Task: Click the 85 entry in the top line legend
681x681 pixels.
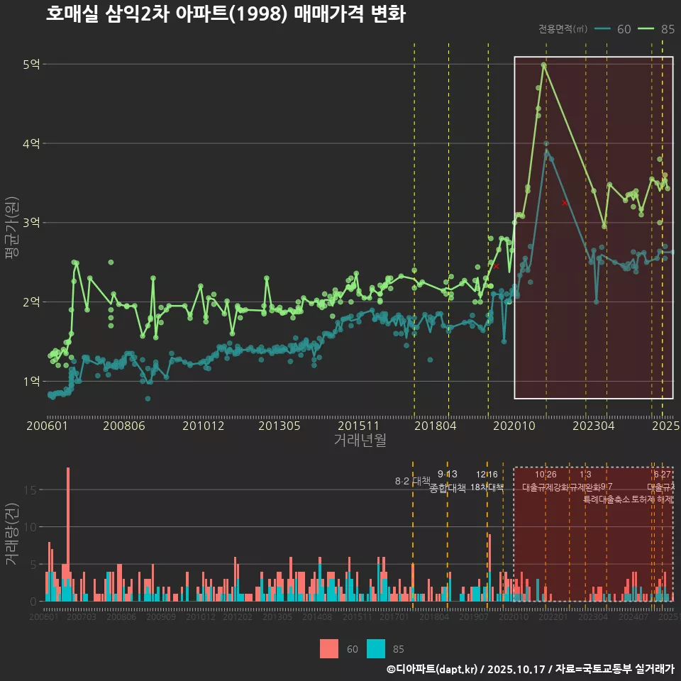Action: coord(667,29)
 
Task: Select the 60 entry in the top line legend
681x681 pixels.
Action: coord(624,29)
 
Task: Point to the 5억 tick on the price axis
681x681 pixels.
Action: coord(31,65)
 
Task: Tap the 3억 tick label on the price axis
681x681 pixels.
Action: coord(31,223)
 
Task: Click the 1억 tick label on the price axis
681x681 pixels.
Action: coord(31,381)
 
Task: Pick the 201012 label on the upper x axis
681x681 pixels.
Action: coord(203,426)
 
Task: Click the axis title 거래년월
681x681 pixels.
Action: coord(360,441)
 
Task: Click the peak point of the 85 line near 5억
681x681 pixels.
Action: coord(543,65)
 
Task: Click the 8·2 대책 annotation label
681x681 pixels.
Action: coord(413,481)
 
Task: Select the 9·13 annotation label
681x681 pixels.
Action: coord(447,474)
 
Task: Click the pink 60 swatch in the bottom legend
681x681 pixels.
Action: coord(328,648)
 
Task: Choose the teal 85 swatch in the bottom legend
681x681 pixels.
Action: coord(376,648)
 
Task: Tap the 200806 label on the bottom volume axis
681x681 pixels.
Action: coord(121,617)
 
